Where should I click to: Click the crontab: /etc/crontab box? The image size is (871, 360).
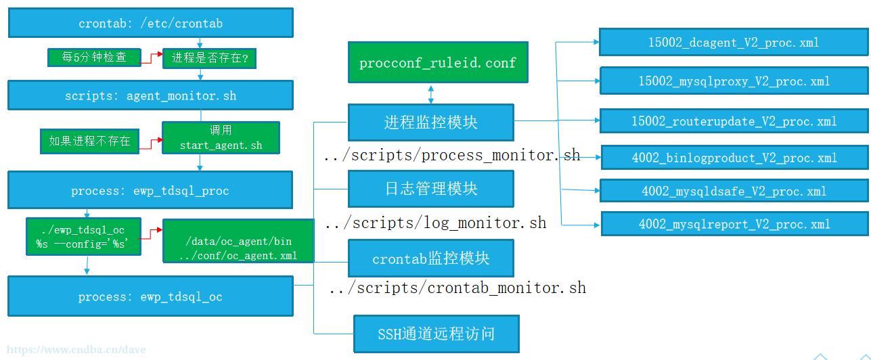(x=151, y=23)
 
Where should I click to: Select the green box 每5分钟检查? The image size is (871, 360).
(x=94, y=57)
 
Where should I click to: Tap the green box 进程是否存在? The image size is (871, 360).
(x=209, y=58)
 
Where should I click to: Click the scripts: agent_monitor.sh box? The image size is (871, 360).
(x=150, y=95)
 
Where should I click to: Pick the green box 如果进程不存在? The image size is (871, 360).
(x=89, y=141)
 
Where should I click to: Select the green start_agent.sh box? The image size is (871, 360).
(x=221, y=137)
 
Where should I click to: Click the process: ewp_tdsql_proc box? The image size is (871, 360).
(x=150, y=190)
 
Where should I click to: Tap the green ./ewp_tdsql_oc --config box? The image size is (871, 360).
(x=84, y=236)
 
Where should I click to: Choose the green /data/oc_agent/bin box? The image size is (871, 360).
(x=238, y=241)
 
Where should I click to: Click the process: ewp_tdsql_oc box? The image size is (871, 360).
(x=150, y=296)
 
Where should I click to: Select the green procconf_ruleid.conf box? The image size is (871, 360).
(x=438, y=62)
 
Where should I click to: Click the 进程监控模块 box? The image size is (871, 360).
(x=431, y=122)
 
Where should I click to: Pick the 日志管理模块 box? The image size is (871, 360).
(x=431, y=189)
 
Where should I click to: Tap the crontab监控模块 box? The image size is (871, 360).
(x=431, y=258)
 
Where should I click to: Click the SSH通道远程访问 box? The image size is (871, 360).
(x=437, y=334)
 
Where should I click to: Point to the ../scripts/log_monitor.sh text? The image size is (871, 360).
(x=436, y=223)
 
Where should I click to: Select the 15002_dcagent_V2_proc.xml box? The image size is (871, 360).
(x=734, y=42)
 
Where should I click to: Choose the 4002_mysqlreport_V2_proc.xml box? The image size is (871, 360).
(x=734, y=224)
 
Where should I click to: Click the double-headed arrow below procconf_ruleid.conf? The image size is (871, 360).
(x=431, y=94)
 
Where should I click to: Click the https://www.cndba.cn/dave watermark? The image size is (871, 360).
(x=76, y=349)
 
